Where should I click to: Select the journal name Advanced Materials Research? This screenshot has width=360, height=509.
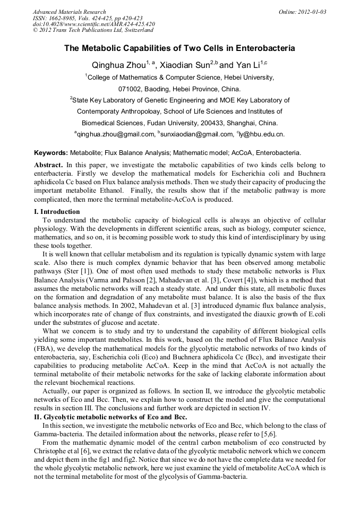click(x=69, y=12)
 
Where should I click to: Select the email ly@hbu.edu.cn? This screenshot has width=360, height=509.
click(x=262, y=134)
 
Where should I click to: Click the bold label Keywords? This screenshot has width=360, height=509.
click(x=51, y=152)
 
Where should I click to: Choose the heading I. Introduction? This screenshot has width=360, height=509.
click(x=56, y=212)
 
